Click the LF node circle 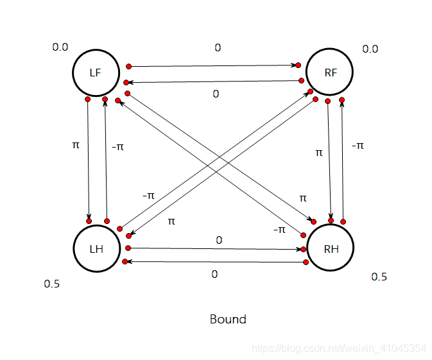click(x=96, y=73)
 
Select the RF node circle click(x=331, y=73)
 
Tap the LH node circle click(x=96, y=248)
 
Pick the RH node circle click(x=331, y=248)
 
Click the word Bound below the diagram click(x=228, y=319)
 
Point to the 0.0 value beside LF click(x=60, y=47)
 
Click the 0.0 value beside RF click(x=370, y=49)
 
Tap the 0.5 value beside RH click(x=379, y=277)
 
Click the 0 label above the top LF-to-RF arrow click(x=218, y=47)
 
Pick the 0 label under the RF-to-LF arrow click(x=216, y=94)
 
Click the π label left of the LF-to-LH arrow click(x=76, y=145)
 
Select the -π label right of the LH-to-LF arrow click(x=117, y=147)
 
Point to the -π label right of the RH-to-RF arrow click(x=358, y=146)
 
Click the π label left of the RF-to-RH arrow click(x=319, y=152)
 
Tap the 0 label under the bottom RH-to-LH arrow click(x=214, y=274)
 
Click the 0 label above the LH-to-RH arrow click(x=219, y=240)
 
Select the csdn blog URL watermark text click(x=338, y=348)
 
